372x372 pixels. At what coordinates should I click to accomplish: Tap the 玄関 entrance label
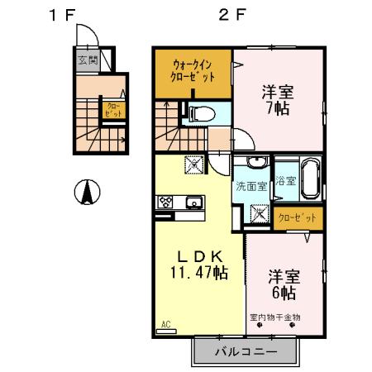tap(88, 60)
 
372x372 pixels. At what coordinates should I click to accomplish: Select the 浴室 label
tap(285, 180)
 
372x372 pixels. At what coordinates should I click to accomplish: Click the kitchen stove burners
tap(165, 201)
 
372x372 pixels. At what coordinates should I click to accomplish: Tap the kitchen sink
tap(194, 201)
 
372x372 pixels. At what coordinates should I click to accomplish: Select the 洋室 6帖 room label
tap(282, 284)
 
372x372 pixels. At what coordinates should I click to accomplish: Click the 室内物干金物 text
tap(275, 317)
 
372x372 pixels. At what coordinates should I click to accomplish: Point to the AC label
tap(165, 326)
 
